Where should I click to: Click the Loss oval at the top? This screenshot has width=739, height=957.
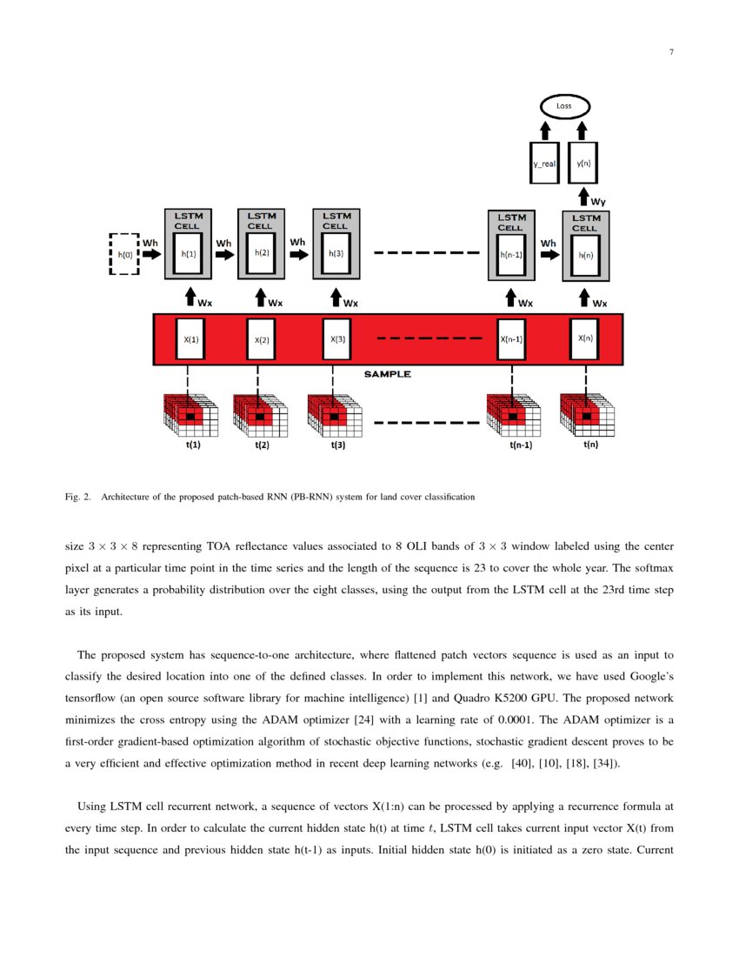(565, 107)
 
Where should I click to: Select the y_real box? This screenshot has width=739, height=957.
(544, 163)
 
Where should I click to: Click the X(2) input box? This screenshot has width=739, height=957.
(262, 339)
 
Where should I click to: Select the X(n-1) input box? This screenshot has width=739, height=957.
(510, 339)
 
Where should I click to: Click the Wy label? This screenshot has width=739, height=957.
(599, 201)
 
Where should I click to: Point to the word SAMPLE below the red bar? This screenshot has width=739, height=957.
(387, 375)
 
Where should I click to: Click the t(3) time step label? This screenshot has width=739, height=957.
(338, 445)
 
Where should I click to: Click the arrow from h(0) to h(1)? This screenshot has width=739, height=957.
(151, 254)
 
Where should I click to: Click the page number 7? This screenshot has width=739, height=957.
(671, 52)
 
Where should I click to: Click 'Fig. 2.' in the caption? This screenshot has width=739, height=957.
(79, 498)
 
